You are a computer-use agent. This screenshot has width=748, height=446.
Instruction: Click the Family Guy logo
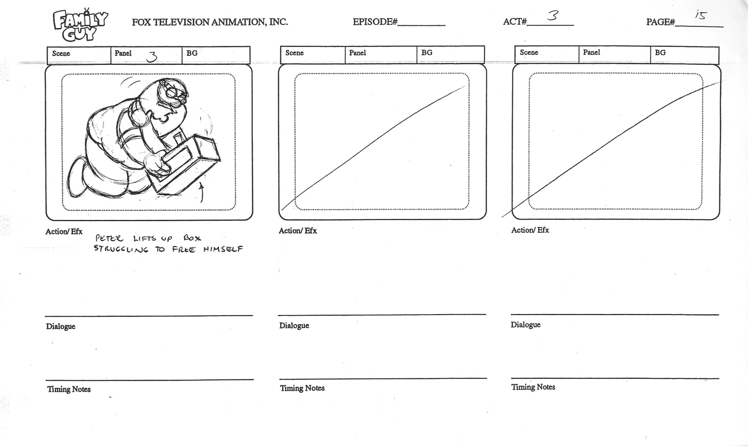point(80,25)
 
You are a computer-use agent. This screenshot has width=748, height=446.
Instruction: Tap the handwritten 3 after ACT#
point(553,16)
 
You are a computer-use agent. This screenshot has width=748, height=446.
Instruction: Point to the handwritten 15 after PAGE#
point(700,15)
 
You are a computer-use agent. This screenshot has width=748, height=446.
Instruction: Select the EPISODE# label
point(375,22)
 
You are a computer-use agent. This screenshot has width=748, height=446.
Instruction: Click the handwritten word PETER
point(109,239)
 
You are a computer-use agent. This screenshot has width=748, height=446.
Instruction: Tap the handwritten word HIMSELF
point(223,249)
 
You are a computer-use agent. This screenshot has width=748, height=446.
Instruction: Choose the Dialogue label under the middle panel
point(294,326)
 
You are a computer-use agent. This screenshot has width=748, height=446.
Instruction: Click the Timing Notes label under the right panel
point(533,387)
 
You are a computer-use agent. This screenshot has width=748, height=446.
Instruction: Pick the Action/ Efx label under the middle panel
point(298,231)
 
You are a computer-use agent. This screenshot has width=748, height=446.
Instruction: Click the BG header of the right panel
point(660,53)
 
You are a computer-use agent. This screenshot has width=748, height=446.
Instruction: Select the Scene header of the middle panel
point(295,53)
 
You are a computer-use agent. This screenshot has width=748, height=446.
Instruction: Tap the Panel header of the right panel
point(592,52)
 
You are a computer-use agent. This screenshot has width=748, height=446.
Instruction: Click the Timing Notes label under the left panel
point(69,390)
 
